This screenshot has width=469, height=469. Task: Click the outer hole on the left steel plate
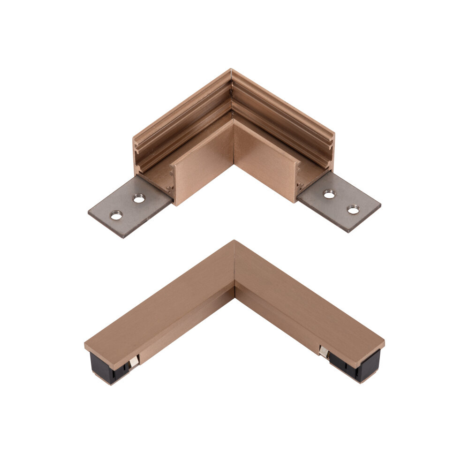pos(116,215)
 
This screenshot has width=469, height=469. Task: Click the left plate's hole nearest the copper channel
pos(138,199)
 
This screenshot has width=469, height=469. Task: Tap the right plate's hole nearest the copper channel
pos(329,193)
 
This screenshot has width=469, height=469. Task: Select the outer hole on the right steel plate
pos(353,209)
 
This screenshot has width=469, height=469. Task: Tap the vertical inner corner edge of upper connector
pos(234,141)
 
